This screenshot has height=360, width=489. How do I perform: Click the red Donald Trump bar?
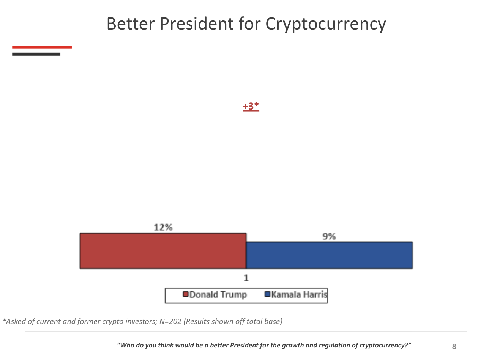pyautogui.click(x=163, y=251)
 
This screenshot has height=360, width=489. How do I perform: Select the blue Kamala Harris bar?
pyautogui.click(x=329, y=255)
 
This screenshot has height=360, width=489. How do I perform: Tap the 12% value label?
pyautogui.click(x=163, y=227)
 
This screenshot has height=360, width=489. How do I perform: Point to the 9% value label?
pyautogui.click(x=329, y=236)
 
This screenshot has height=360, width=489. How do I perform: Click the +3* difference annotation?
pyautogui.click(x=251, y=107)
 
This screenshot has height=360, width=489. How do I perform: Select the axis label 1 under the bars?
pyautogui.click(x=246, y=278)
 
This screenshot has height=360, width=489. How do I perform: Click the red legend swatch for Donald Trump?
pyautogui.click(x=186, y=295)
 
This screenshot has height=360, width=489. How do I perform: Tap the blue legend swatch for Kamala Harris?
pyautogui.click(x=267, y=295)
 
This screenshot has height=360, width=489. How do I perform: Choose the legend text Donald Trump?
pyautogui.click(x=218, y=295)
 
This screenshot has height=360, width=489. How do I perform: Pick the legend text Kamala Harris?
pyautogui.click(x=299, y=295)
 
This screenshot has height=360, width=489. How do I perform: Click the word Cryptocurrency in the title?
pyautogui.click(x=326, y=24)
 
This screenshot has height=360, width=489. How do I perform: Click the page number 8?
pyautogui.click(x=454, y=346)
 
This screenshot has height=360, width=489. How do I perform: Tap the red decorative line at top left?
pyautogui.click(x=42, y=47)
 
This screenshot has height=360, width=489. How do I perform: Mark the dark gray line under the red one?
pyautogui.click(x=36, y=54)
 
